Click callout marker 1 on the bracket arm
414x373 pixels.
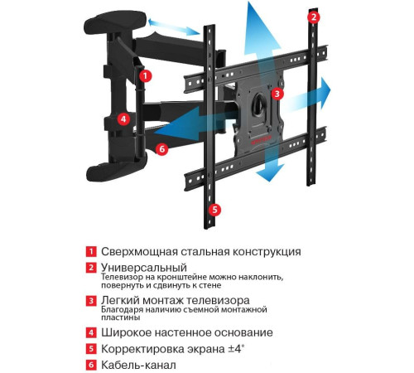146,75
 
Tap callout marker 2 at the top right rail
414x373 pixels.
313,17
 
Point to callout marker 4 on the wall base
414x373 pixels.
123,119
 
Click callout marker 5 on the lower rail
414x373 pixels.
214,210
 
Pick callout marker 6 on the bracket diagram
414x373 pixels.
162,149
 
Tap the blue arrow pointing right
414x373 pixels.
319,89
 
